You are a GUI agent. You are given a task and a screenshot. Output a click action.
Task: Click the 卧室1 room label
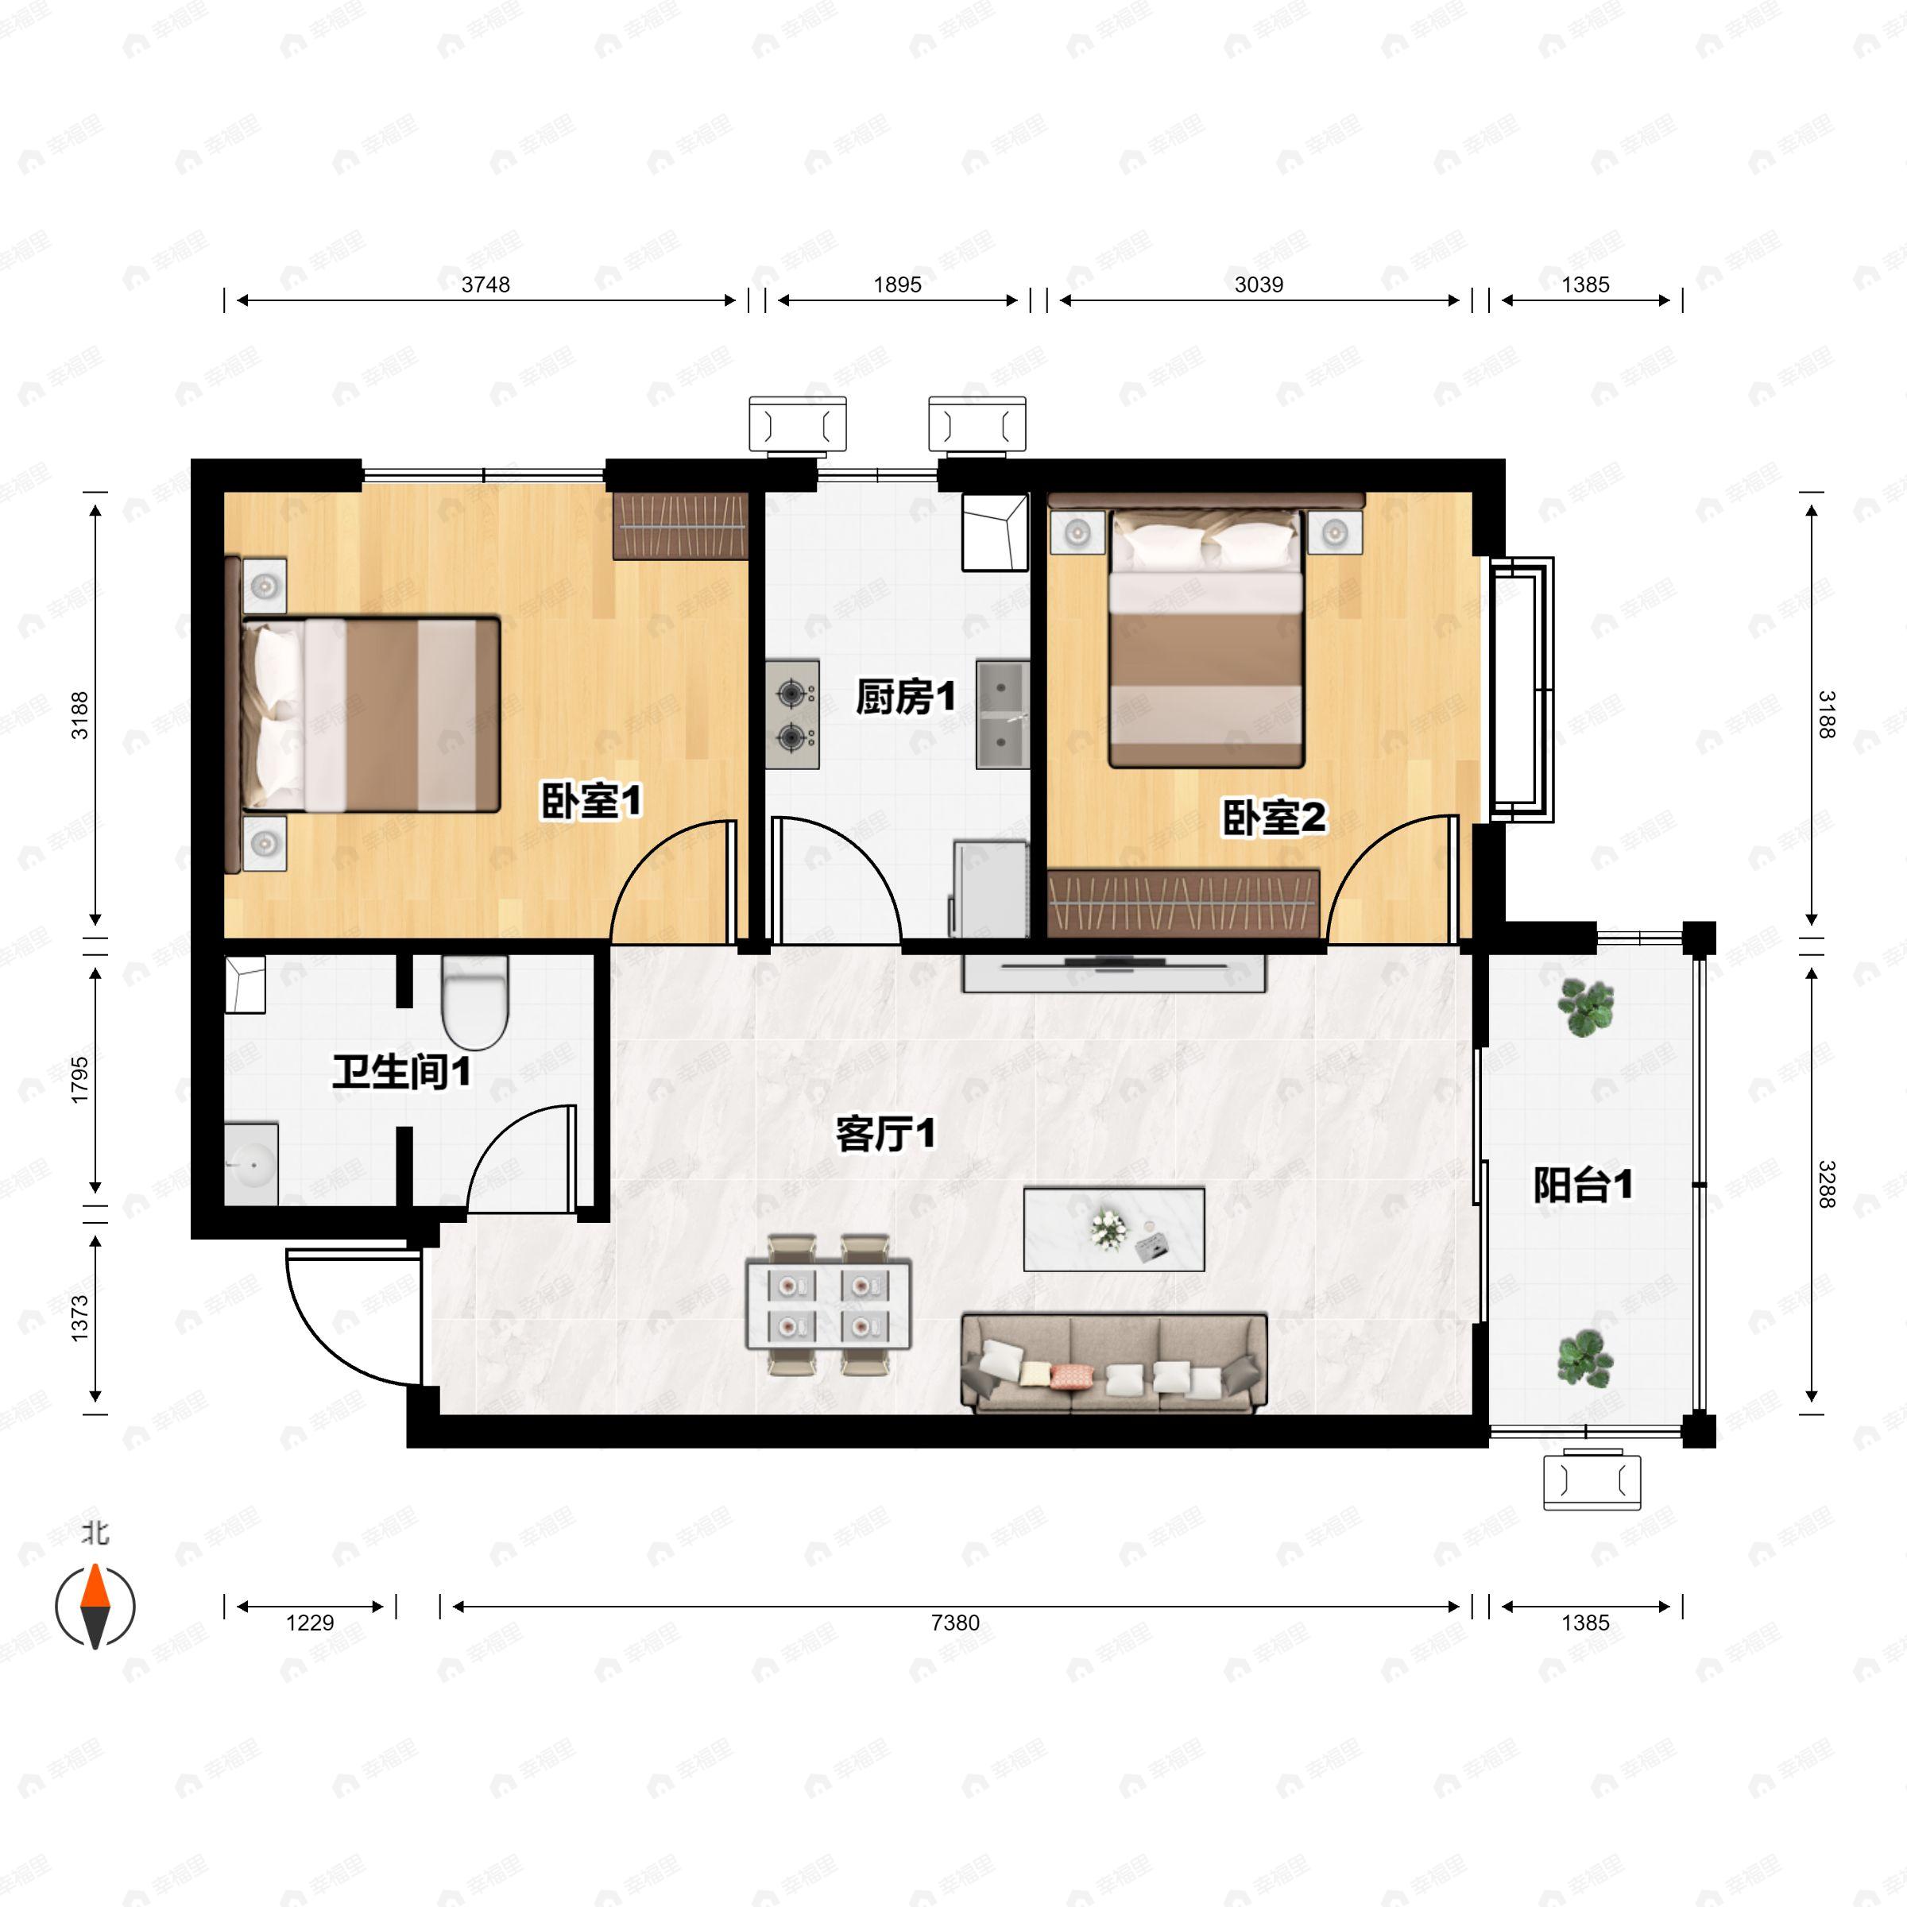(x=591, y=799)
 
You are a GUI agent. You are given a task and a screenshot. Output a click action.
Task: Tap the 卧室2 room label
(x=1273, y=818)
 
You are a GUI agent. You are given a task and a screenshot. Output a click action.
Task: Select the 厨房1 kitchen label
(x=905, y=697)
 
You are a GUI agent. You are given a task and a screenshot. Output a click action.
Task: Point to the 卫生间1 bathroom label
(x=400, y=1071)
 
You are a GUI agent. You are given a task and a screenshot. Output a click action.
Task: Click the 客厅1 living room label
(x=884, y=1133)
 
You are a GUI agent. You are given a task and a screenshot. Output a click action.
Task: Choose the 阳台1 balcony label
(x=1582, y=1185)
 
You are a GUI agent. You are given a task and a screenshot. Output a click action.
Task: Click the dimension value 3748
(x=485, y=285)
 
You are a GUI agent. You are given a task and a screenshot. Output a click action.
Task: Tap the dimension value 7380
(x=954, y=1623)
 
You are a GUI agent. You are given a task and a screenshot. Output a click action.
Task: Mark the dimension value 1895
(x=897, y=285)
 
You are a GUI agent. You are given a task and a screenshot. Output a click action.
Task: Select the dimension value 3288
(x=1826, y=1185)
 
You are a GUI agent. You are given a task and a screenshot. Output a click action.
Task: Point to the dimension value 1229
(x=310, y=1623)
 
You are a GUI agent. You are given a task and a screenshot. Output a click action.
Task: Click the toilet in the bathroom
(x=475, y=1002)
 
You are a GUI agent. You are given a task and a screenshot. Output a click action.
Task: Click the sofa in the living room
(x=1114, y=1362)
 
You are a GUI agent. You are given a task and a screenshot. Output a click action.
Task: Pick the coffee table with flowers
(x=1113, y=1230)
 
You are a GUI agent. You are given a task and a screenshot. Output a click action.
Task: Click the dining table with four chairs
(x=828, y=1303)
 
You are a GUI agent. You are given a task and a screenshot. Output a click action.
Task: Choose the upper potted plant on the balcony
(x=1585, y=1007)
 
